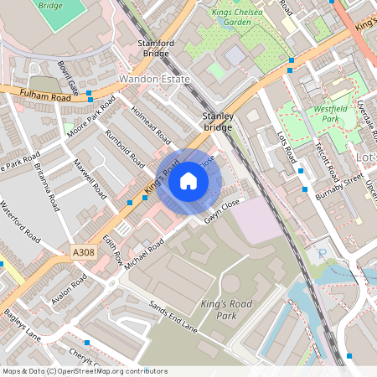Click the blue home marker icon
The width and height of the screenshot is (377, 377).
[188, 180]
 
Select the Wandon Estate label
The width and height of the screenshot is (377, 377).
[155, 79]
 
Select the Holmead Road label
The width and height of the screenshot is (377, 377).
[150, 127]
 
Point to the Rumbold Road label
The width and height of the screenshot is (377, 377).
[121, 145]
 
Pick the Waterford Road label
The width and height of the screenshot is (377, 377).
[19, 220]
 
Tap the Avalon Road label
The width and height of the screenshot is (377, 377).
[68, 290]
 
